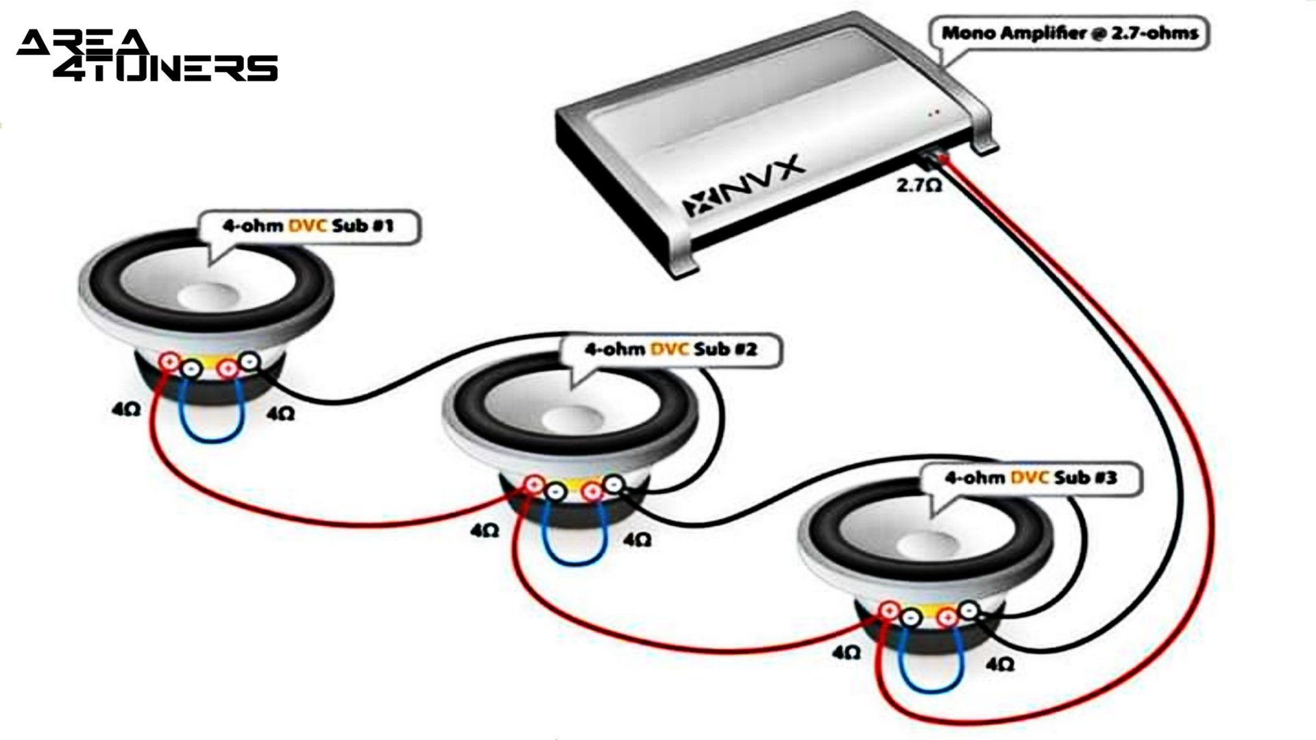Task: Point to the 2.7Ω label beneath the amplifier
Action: click(919, 185)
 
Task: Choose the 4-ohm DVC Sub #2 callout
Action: click(670, 349)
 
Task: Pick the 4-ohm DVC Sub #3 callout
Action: click(1030, 478)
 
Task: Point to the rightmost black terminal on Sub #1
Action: click(249, 360)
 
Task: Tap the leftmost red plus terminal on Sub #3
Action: click(889, 610)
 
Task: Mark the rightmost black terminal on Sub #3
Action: click(968, 609)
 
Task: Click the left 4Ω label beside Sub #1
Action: click(127, 410)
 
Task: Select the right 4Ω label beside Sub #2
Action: click(637, 539)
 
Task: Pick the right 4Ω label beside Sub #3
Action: click(1000, 663)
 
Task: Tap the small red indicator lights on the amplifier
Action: click(933, 113)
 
